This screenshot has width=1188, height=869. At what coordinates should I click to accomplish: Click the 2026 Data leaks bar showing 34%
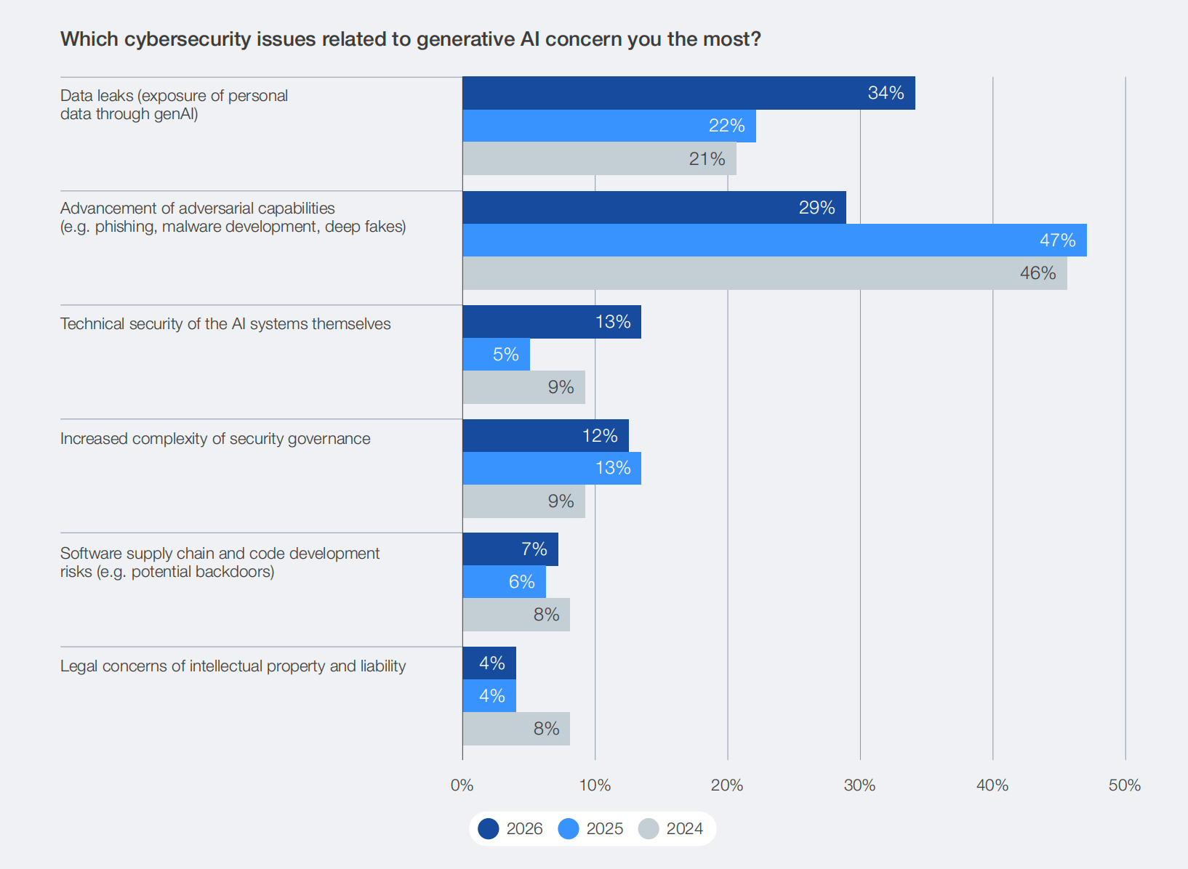click(x=689, y=93)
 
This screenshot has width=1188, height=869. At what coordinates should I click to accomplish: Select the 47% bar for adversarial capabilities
click(x=774, y=240)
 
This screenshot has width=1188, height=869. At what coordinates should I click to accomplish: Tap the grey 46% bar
click(x=765, y=273)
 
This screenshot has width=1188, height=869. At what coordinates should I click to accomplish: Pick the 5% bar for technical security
click(x=496, y=355)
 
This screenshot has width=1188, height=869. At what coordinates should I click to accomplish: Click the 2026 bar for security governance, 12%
click(x=545, y=435)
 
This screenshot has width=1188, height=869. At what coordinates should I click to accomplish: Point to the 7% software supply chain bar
click(x=510, y=549)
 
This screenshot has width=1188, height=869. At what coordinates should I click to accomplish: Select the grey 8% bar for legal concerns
click(x=516, y=729)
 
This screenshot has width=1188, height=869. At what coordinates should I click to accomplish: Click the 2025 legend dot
click(x=569, y=829)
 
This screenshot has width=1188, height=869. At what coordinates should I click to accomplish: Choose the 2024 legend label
click(x=684, y=829)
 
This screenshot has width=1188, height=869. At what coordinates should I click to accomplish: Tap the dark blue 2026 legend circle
click(x=489, y=829)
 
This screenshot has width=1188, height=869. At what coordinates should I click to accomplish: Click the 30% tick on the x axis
click(x=859, y=785)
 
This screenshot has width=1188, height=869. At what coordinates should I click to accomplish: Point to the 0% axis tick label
click(x=462, y=785)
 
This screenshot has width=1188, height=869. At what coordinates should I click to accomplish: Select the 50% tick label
click(x=1124, y=785)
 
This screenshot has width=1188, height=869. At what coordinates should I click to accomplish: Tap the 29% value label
click(x=816, y=208)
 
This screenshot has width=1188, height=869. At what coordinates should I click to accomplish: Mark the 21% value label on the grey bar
click(x=707, y=159)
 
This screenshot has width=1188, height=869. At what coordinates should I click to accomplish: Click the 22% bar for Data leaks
click(x=609, y=126)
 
